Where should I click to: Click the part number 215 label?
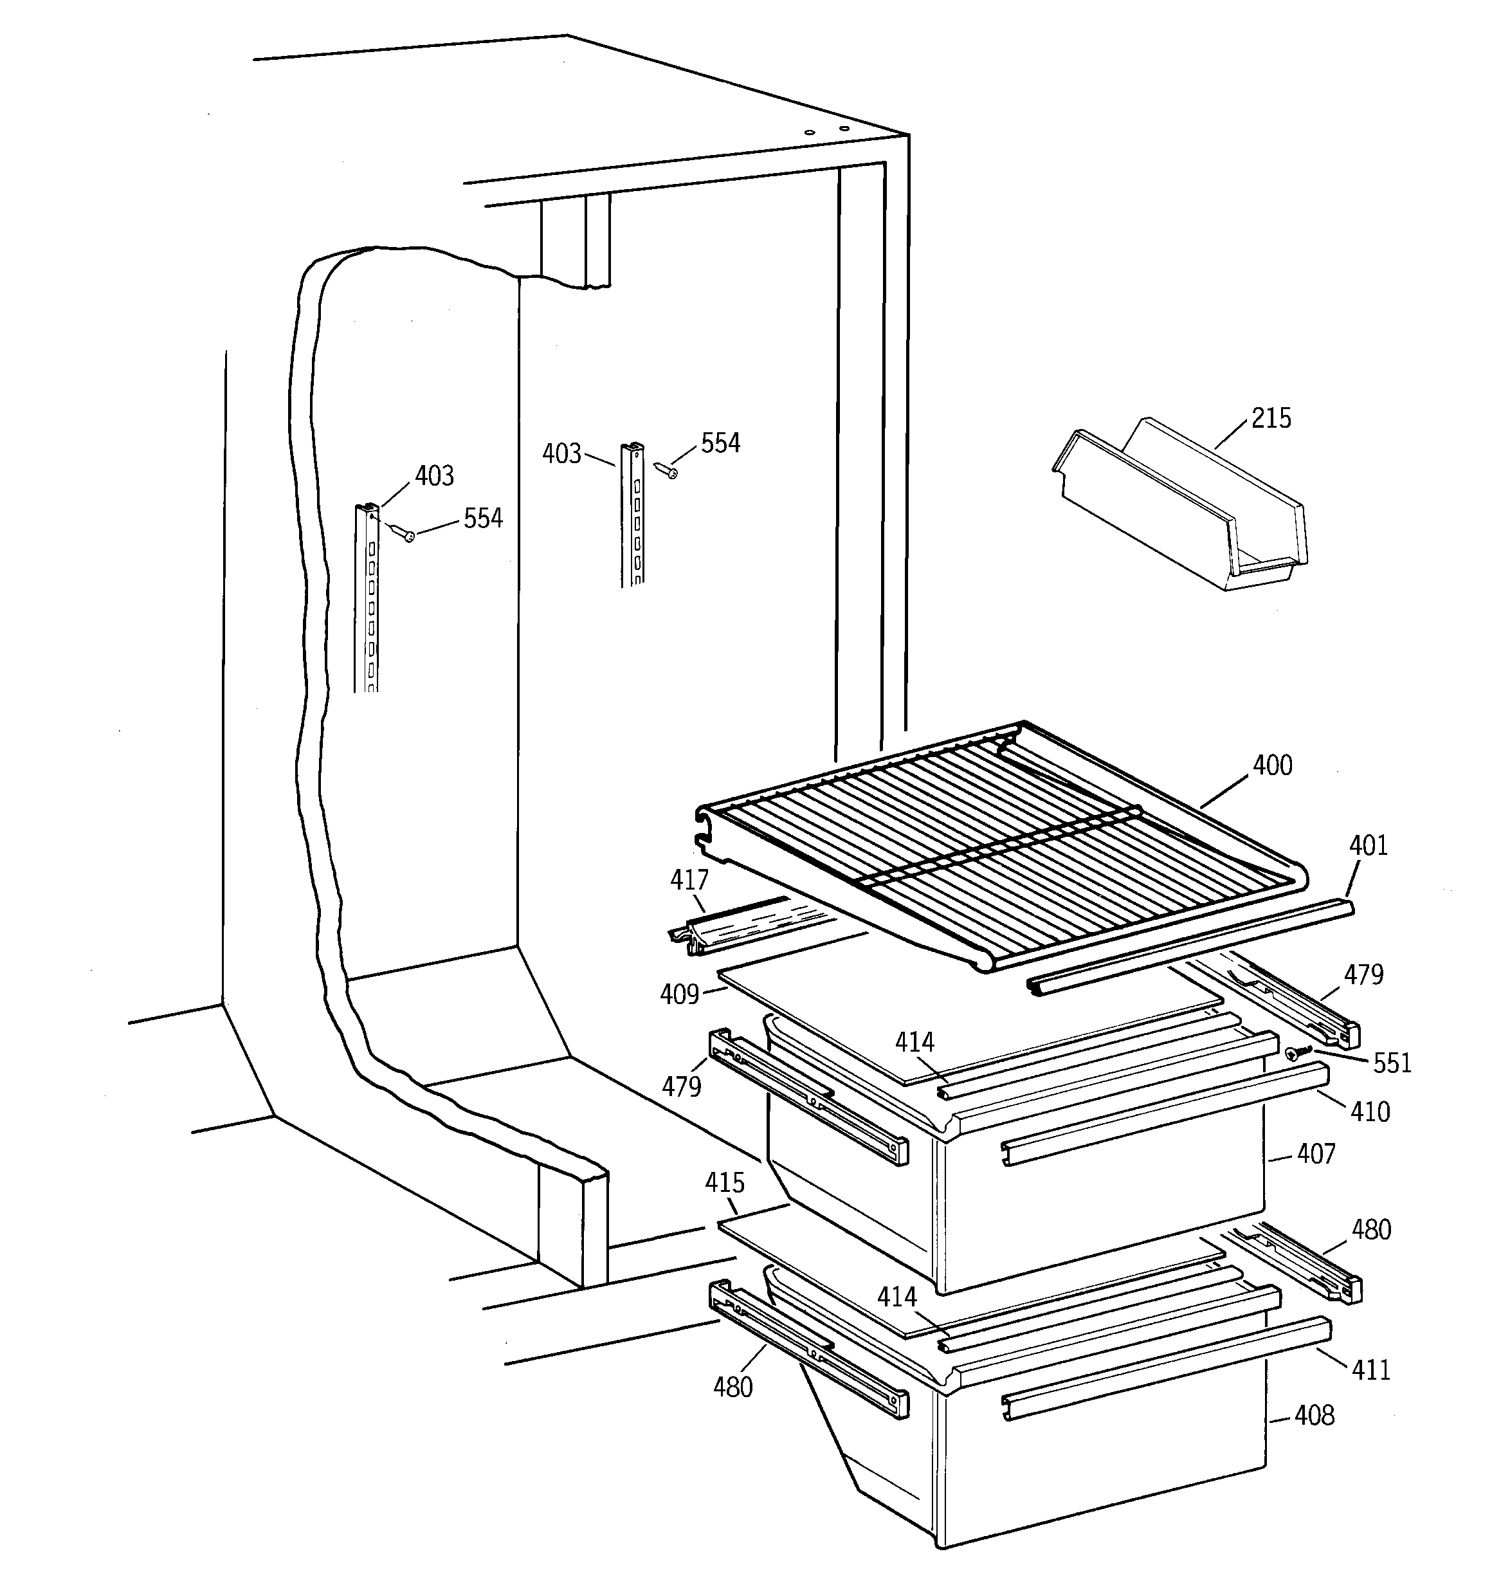point(1271,418)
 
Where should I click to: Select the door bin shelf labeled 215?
point(1178,504)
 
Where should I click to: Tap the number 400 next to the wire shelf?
point(1272,765)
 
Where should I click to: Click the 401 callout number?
point(1368,846)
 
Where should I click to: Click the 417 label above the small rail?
point(689,880)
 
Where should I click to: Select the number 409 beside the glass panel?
point(679,994)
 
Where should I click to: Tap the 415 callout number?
point(725,1183)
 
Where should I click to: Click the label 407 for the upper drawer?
point(1316,1154)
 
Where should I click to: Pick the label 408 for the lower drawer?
point(1315,1416)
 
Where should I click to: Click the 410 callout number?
point(1369,1112)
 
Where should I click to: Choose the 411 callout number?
point(1370,1370)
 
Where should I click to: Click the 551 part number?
point(1392,1063)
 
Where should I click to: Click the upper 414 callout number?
point(914,1042)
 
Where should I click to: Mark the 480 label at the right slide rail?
point(1371,1229)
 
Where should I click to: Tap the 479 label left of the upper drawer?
point(681,1086)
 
